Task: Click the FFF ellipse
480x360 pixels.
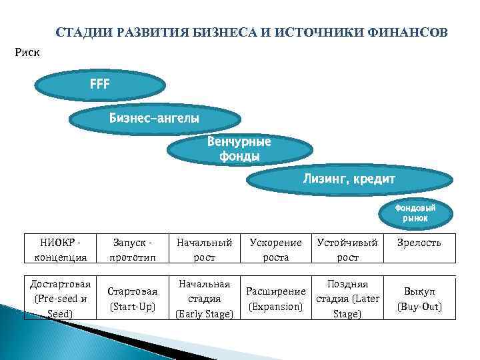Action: coord(100,85)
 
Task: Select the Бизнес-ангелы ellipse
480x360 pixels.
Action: coord(155,119)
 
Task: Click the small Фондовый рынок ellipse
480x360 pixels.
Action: coord(415,214)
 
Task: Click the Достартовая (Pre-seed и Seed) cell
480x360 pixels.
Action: coord(60,298)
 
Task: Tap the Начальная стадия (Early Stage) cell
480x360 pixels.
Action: coord(204,298)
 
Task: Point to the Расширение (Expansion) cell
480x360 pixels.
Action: coord(275,299)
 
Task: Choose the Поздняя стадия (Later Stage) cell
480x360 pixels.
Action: coord(347,298)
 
